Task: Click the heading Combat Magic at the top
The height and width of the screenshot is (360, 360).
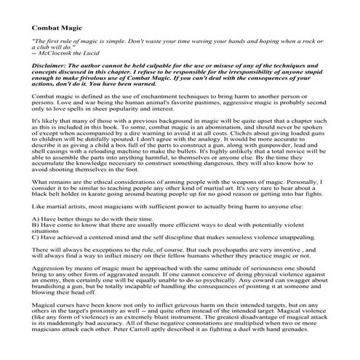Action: [x=56, y=28]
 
